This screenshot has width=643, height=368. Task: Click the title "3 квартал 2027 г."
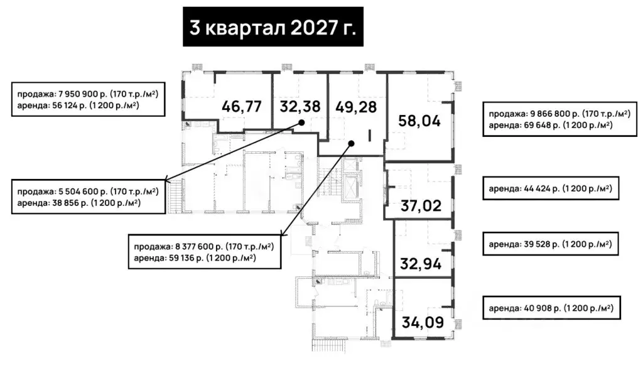click(x=273, y=28)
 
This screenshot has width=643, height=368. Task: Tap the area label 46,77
click(x=242, y=107)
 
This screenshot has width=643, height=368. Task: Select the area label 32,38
click(x=300, y=107)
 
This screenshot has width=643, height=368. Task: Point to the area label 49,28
click(x=356, y=107)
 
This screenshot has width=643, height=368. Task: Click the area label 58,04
click(x=419, y=121)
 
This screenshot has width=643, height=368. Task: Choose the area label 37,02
click(x=421, y=205)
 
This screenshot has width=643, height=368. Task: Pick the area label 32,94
click(x=421, y=264)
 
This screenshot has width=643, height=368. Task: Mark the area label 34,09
click(x=423, y=322)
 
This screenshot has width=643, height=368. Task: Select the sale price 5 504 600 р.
click(x=80, y=191)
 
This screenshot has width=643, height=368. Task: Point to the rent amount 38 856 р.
click(x=70, y=203)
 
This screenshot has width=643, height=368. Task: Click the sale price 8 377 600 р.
click(x=196, y=247)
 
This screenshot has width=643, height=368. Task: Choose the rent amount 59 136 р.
click(x=186, y=258)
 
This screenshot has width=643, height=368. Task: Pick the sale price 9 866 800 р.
click(x=552, y=114)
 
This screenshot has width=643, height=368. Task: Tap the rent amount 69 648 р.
click(x=542, y=125)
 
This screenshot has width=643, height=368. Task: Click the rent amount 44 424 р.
click(x=542, y=189)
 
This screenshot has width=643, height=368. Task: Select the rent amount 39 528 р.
click(x=542, y=244)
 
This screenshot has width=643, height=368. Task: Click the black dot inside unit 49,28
click(x=351, y=143)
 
